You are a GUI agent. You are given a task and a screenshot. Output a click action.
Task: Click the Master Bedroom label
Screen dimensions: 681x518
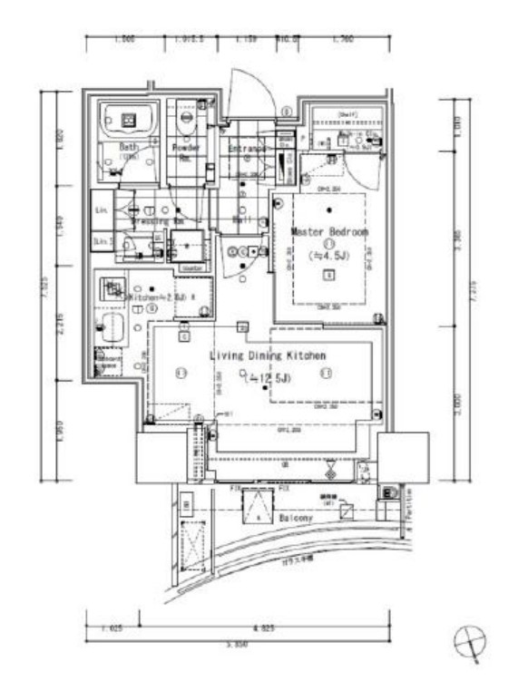click(329, 232)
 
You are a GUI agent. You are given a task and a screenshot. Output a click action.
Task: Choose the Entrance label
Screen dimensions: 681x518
click(247, 148)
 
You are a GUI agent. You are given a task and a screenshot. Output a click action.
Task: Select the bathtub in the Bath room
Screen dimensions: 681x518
click(130, 118)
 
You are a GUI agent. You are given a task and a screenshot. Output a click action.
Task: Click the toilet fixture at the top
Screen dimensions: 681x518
click(189, 116)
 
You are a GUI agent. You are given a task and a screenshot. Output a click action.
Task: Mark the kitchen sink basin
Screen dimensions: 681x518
click(112, 326)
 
